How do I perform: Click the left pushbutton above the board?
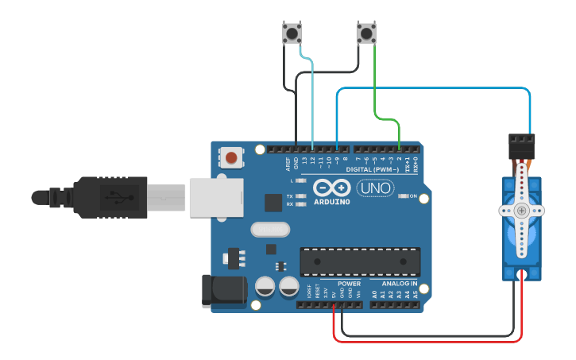(x=292, y=33)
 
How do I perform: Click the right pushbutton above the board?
(x=365, y=33)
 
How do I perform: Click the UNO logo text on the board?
(x=375, y=188)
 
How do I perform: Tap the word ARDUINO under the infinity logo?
(x=332, y=202)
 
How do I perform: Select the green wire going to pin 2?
(x=374, y=87)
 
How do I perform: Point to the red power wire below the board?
(x=429, y=340)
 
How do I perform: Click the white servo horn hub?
(x=521, y=211)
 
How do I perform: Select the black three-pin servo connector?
(x=522, y=145)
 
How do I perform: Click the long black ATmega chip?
(x=359, y=261)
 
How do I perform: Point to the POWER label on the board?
(x=349, y=284)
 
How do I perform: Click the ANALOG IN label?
(x=398, y=284)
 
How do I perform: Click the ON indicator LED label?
(x=412, y=195)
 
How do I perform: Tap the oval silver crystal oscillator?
(x=271, y=230)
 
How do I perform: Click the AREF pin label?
(x=288, y=163)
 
